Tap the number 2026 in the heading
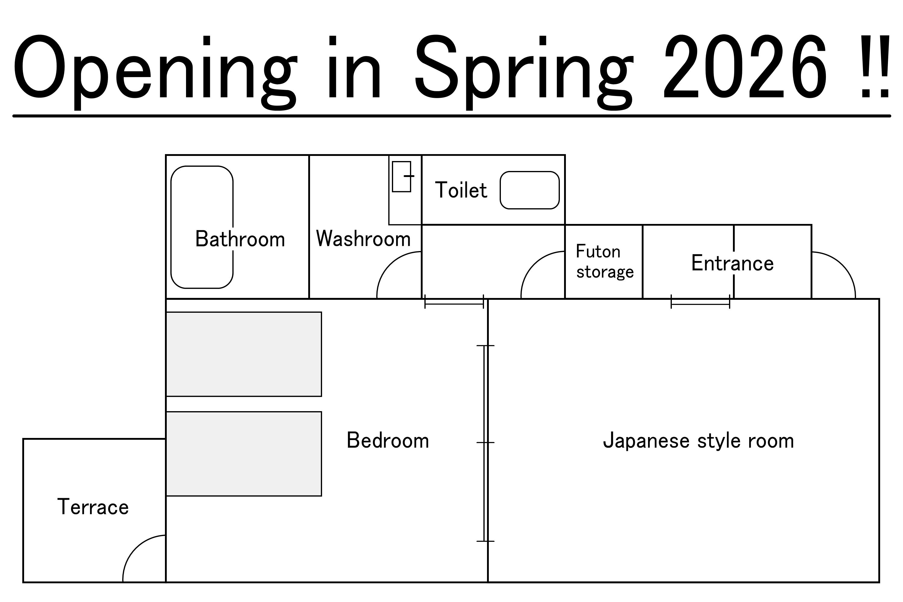tap(745, 67)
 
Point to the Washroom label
tap(363, 238)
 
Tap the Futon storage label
tap(604, 262)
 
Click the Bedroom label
tap(388, 440)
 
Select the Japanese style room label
tap(698, 441)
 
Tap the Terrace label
tap(93, 507)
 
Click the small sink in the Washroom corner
tap(401, 177)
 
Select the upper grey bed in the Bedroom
tap(244, 354)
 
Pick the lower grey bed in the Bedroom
tap(244, 454)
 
